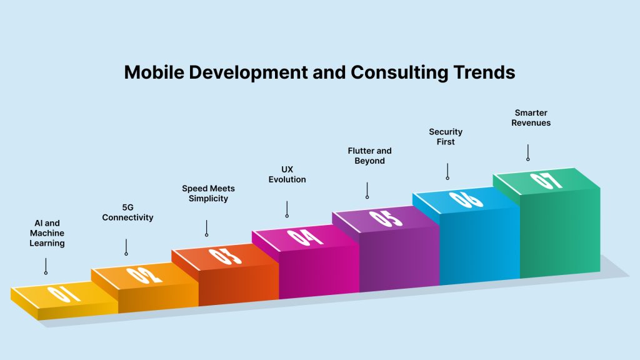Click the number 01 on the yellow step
[64, 294]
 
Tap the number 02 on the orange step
[144, 276]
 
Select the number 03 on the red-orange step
[225, 256]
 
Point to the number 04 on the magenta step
[305, 237]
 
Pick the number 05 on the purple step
[386, 218]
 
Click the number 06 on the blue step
[466, 199]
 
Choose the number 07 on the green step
[546, 181]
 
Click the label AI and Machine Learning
[47, 233]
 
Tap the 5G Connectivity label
[127, 212]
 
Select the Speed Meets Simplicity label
[208, 194]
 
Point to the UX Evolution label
[287, 174]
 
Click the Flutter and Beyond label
[369, 156]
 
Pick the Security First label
[445, 137]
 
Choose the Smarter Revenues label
[531, 117]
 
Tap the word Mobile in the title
[154, 72]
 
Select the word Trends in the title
[484, 72]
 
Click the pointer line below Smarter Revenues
[527, 152]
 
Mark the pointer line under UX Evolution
[287, 209]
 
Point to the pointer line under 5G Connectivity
[126, 247]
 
